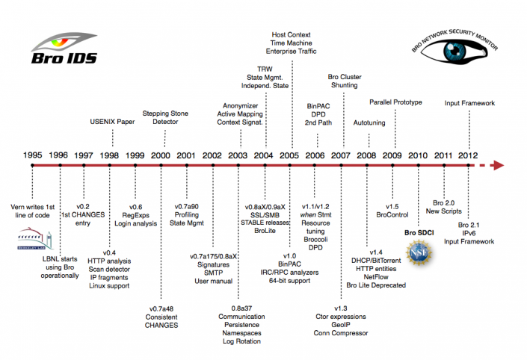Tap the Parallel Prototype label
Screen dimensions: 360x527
pyautogui.click(x=395, y=102)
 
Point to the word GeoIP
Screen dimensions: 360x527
pyautogui.click(x=341, y=326)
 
